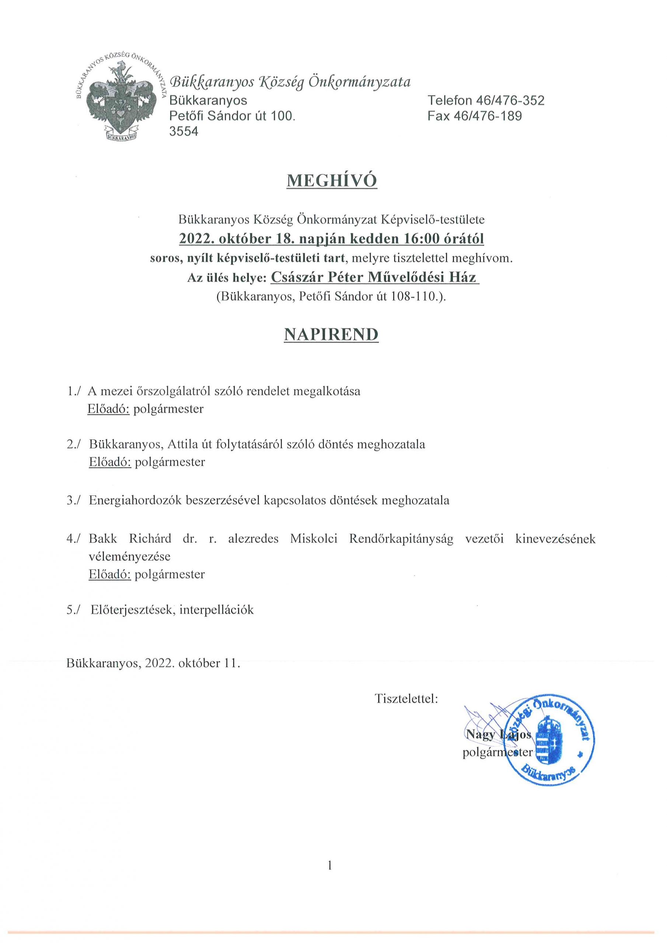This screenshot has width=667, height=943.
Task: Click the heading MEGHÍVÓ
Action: pyautogui.click(x=331, y=181)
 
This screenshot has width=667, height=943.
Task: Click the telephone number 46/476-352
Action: pyautogui.click(x=510, y=100)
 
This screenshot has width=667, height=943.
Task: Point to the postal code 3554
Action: pyautogui.click(x=184, y=132)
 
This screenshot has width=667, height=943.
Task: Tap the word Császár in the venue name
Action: pyautogui.click(x=296, y=278)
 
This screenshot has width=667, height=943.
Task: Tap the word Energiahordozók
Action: pyautogui.click(x=135, y=501)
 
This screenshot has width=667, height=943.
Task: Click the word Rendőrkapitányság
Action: pyautogui.click(x=401, y=539)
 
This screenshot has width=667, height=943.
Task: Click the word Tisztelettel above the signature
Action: pyautogui.click(x=406, y=699)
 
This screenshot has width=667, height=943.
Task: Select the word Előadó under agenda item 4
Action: pyautogui.click(x=110, y=574)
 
